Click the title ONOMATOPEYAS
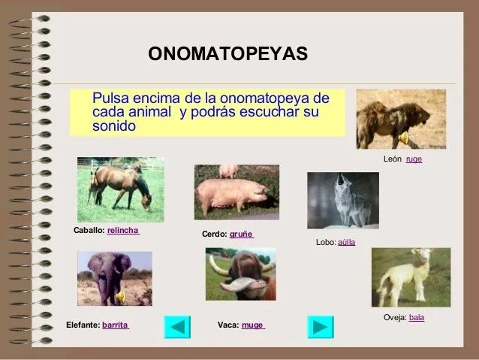227,55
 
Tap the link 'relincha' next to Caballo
123,231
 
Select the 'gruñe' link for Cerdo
241,234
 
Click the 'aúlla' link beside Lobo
346,243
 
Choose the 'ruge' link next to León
414,159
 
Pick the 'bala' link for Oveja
416,317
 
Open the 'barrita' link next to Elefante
115,325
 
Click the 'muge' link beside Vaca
252,325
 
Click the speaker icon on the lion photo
403,137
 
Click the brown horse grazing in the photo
120,186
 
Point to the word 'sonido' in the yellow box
113,126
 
